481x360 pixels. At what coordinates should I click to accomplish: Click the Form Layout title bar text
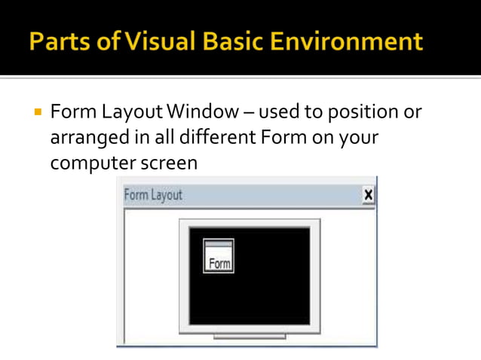(x=153, y=195)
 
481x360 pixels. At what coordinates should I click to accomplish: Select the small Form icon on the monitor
(x=219, y=256)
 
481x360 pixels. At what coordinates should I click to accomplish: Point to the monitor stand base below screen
(x=250, y=337)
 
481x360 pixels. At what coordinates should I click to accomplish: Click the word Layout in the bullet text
(x=126, y=113)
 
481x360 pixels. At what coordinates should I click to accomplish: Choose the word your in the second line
(x=360, y=138)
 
